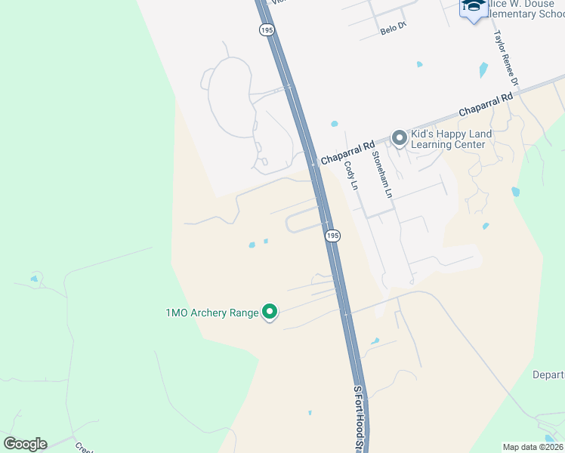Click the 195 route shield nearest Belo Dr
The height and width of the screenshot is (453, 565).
tap(266, 29)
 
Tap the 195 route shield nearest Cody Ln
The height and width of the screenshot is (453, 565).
tap(332, 236)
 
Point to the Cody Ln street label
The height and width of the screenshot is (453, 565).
tap(350, 175)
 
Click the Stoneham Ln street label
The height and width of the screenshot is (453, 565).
tap(382, 175)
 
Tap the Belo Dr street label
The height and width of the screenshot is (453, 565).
tap(394, 29)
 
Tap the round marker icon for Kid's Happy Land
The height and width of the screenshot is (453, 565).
tap(399, 137)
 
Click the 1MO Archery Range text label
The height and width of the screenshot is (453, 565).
tap(211, 313)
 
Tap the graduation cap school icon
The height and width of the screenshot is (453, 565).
tap(474, 7)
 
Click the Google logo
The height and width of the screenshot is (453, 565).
tap(25, 444)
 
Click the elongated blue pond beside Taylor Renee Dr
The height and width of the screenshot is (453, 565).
tap(483, 71)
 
